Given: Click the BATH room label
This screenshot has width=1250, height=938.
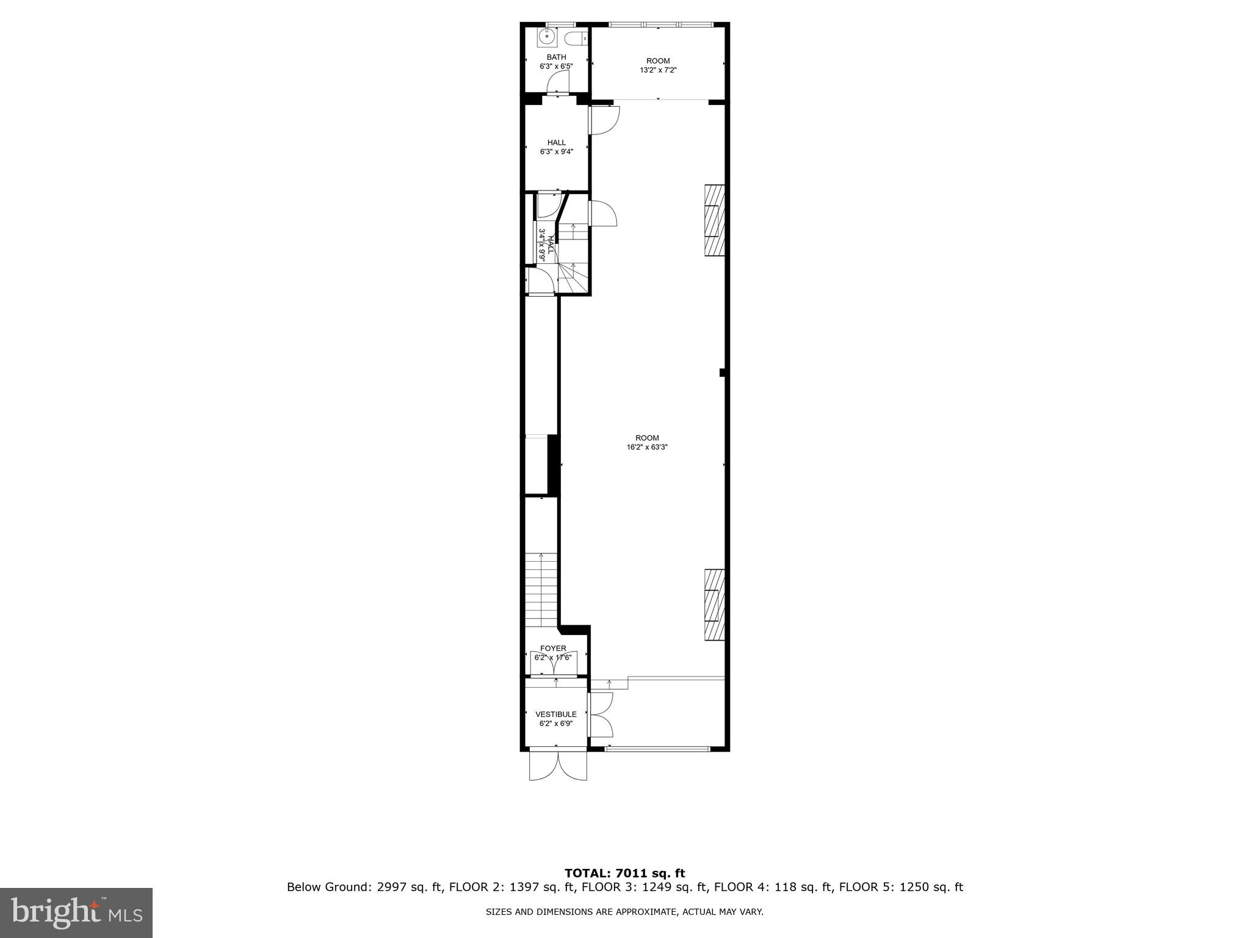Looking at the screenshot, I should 556,57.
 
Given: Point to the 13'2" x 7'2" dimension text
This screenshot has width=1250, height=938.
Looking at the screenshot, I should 658,70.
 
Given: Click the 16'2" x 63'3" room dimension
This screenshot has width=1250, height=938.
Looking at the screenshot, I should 647,446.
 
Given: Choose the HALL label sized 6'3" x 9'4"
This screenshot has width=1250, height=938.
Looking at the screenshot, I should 556,143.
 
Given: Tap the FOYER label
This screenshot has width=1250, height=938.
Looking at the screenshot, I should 553,649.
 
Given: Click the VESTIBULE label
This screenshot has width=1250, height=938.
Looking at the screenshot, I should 556,714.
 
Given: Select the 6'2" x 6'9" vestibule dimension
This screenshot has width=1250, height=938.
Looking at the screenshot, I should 556,724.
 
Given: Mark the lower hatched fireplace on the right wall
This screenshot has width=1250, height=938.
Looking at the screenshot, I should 715,604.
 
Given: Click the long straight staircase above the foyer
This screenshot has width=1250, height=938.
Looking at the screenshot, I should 541,589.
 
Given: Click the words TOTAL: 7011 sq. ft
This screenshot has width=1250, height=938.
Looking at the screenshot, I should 624,873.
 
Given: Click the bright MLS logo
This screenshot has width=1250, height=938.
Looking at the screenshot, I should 76,913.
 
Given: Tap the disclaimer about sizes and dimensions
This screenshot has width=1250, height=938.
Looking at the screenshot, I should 624,912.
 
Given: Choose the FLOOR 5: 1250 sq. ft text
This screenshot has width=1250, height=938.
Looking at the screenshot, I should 901,887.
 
